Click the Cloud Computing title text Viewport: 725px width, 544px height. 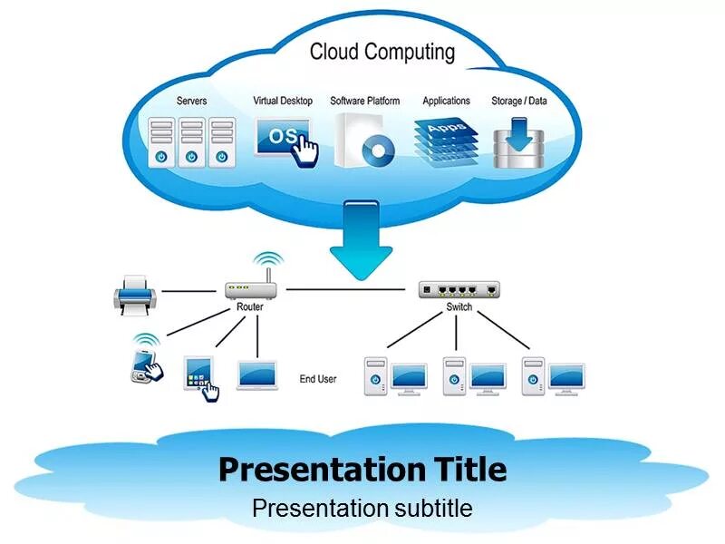(x=382, y=52)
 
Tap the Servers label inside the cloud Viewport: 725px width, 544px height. (x=191, y=101)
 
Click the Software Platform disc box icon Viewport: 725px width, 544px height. (x=365, y=140)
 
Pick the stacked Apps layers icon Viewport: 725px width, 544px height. (x=447, y=138)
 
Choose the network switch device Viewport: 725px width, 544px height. (x=459, y=290)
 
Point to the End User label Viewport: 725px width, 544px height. (x=318, y=378)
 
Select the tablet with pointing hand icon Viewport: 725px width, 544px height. (x=201, y=375)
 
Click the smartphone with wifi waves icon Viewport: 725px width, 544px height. (x=145, y=362)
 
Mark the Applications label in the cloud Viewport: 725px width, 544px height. (x=447, y=101)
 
